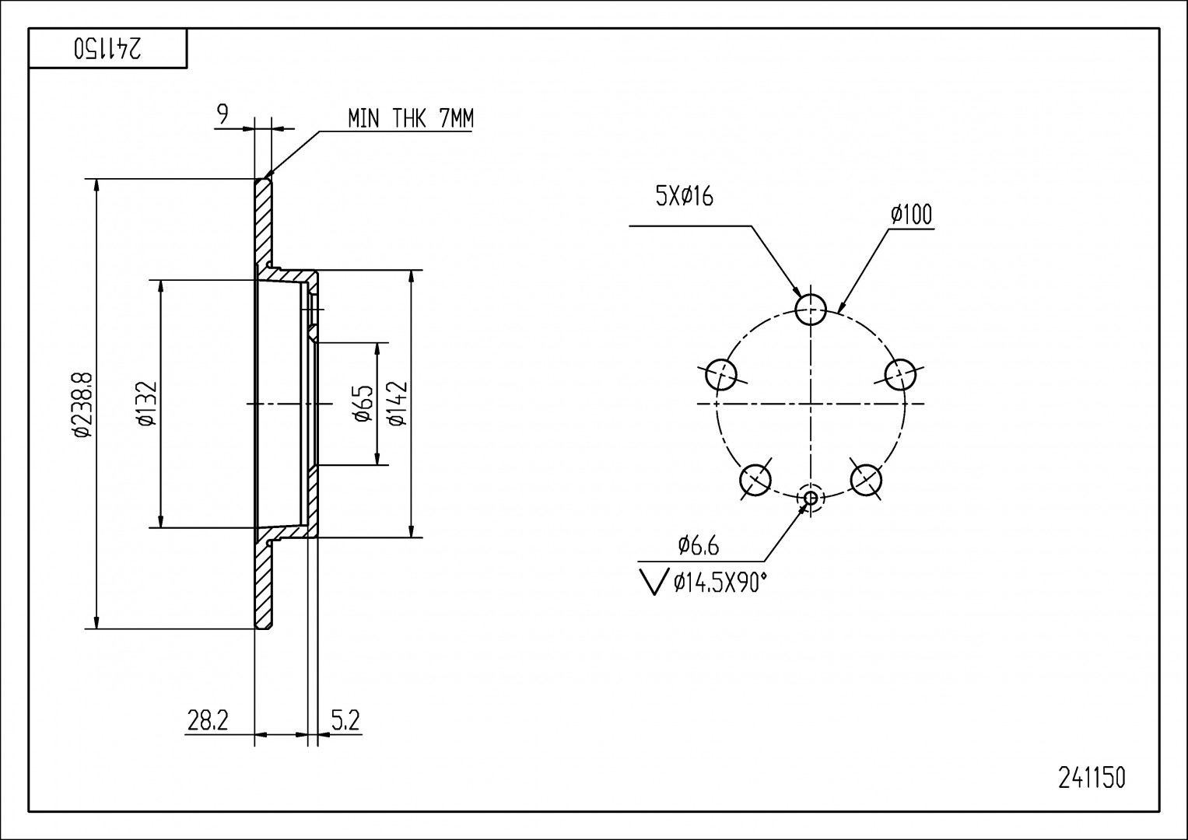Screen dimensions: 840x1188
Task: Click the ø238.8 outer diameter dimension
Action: point(82,404)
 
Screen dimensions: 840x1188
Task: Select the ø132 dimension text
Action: point(148,404)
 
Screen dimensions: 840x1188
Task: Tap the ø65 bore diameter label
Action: point(363,404)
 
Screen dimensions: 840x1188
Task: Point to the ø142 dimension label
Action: point(396,404)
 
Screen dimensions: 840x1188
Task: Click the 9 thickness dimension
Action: point(223,115)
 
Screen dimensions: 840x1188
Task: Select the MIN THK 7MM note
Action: point(410,118)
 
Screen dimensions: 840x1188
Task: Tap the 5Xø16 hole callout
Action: point(685,197)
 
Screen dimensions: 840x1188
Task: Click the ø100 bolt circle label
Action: point(911,214)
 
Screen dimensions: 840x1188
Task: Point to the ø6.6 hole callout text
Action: point(698,546)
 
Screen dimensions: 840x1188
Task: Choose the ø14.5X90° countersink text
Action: point(720,582)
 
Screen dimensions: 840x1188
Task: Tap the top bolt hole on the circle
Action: point(811,309)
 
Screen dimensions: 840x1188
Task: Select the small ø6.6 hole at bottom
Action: point(811,498)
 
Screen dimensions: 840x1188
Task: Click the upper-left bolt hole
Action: point(720,375)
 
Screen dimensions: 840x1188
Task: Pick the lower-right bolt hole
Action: point(866,479)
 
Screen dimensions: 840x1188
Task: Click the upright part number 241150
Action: point(1092,778)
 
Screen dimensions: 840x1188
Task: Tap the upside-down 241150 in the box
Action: point(107,49)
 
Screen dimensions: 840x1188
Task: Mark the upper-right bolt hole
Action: point(901,374)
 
